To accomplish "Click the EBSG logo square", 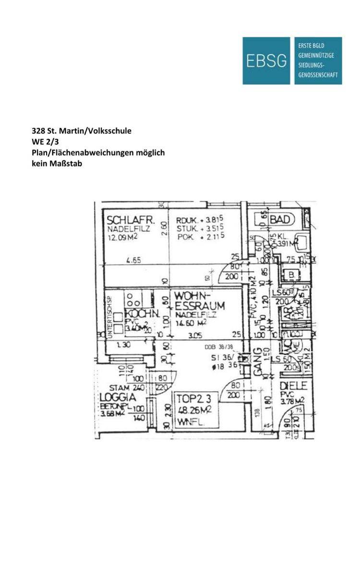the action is point(266,60).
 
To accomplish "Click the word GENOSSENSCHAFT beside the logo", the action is point(318,75).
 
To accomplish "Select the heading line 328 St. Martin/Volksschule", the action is point(81,131).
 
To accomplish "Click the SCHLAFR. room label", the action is point(131,220).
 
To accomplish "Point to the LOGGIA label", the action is point(118,398).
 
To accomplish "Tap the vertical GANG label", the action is point(257,362).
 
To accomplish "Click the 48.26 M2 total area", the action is point(194,409).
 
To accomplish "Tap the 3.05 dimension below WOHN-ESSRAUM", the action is point(194,336).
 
